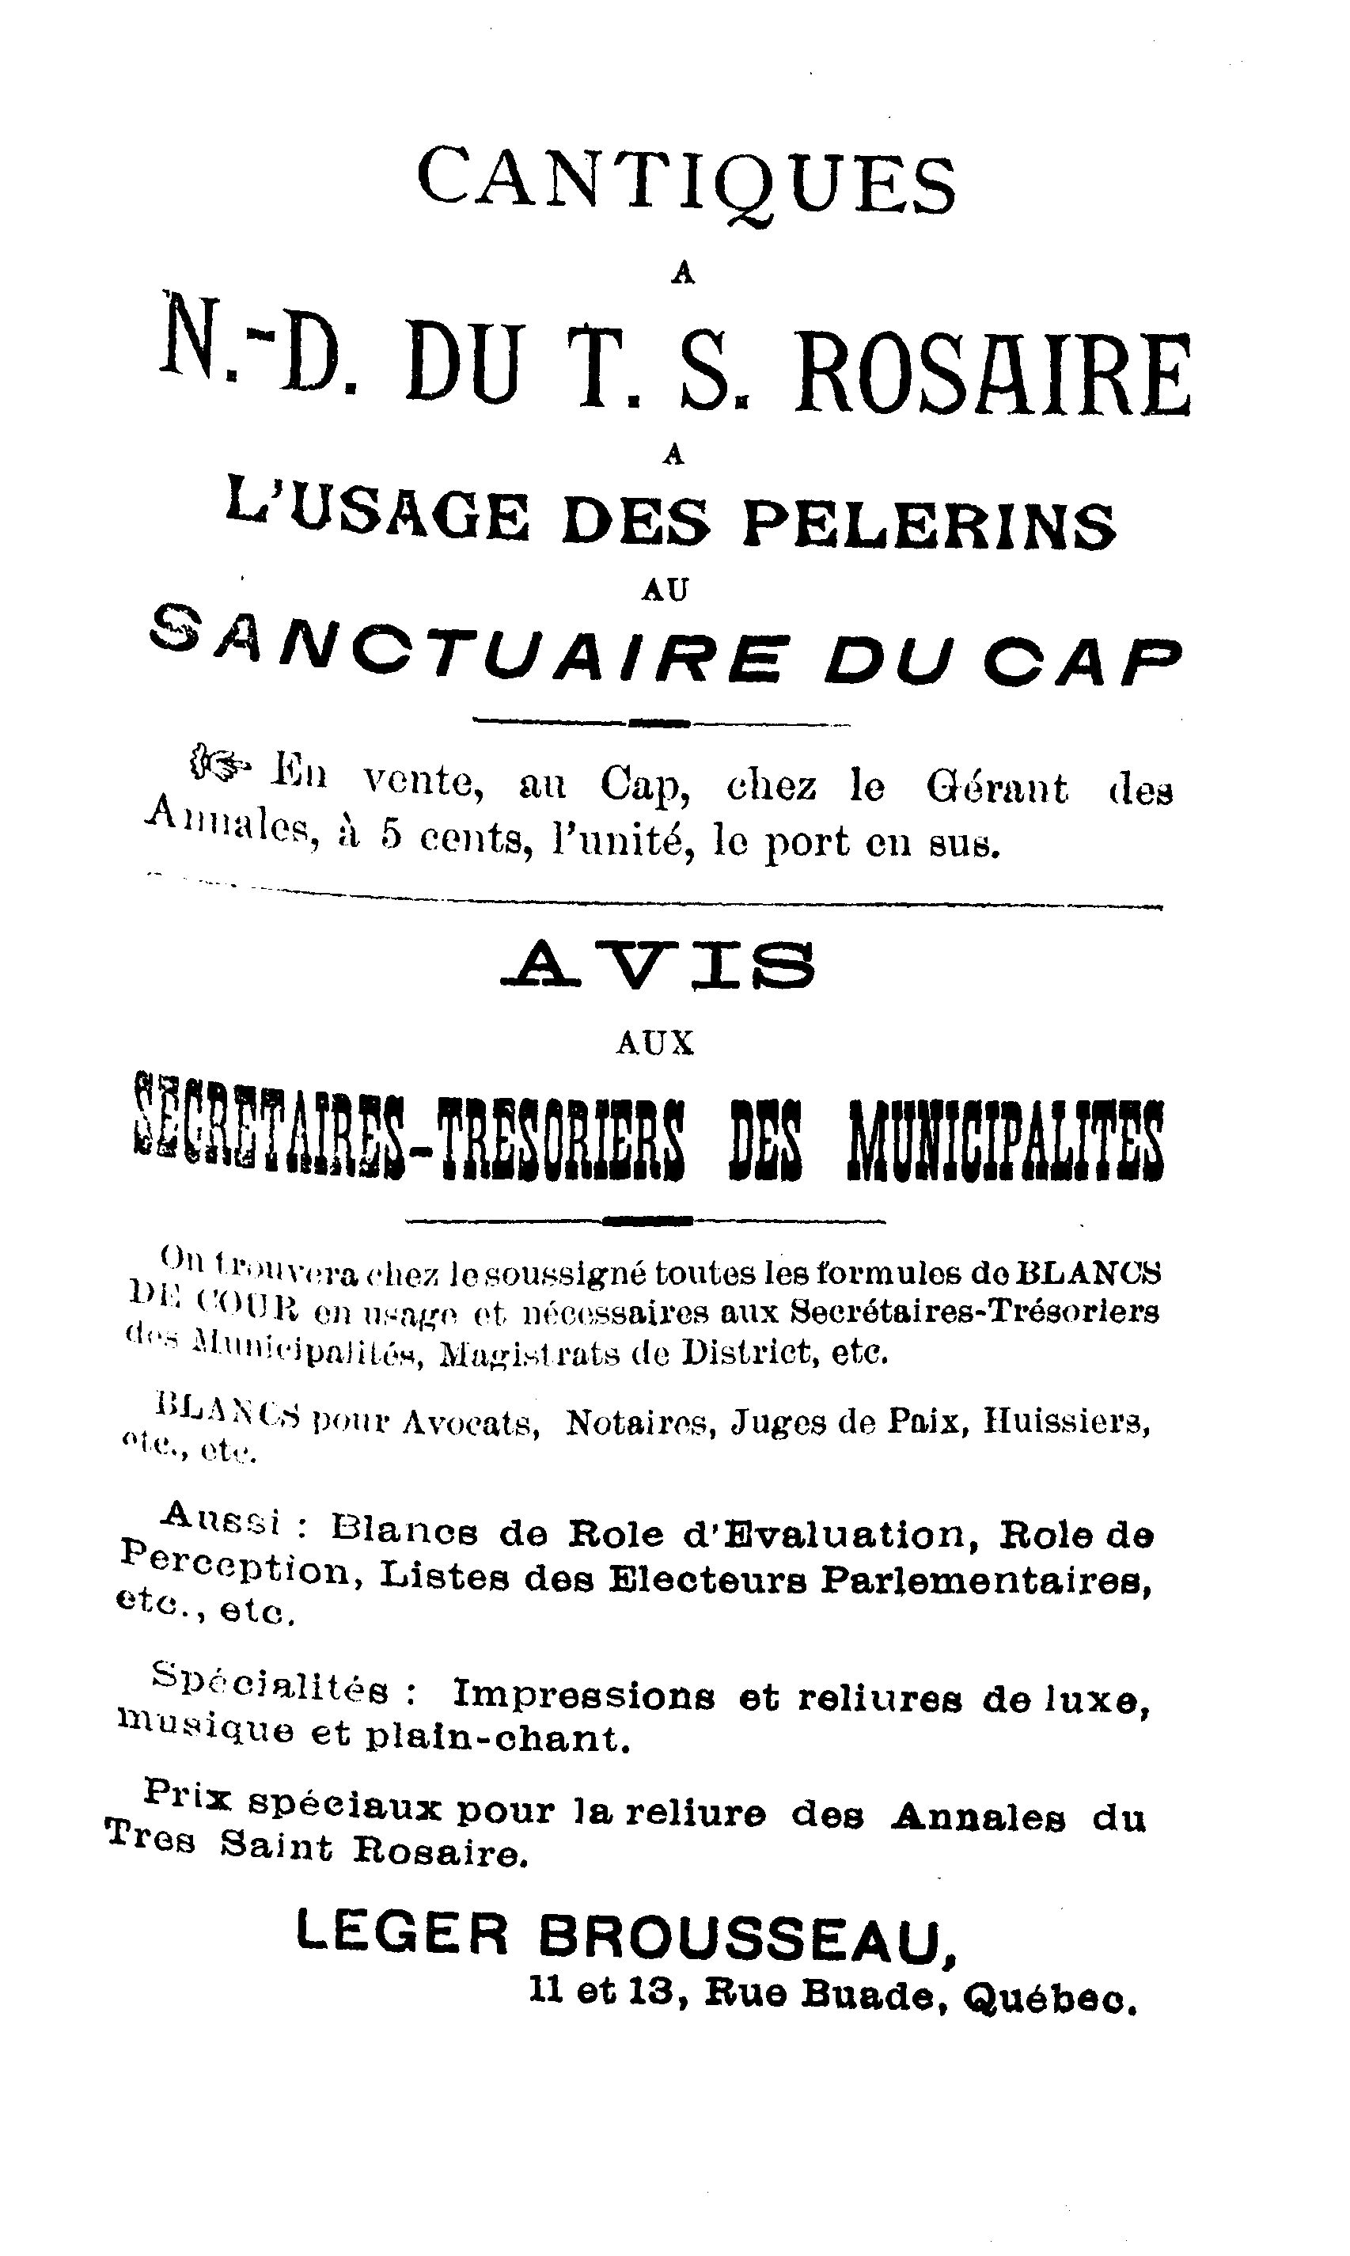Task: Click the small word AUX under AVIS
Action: pos(655,1043)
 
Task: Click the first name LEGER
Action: pos(403,1938)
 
